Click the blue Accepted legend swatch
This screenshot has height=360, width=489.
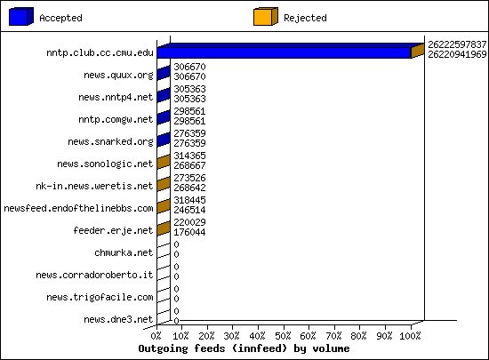[21, 17]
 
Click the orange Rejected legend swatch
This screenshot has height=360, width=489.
[266, 17]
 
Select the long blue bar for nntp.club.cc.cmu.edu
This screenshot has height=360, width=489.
[285, 52]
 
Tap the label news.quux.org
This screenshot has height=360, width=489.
[118, 76]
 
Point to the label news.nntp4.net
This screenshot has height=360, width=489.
[116, 97]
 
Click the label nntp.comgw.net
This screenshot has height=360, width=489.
[116, 119]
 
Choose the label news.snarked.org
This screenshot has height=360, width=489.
[110, 142]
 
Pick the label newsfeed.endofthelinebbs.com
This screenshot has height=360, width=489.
[78, 208]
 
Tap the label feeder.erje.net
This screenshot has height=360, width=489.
[113, 230]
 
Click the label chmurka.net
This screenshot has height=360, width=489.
[124, 252]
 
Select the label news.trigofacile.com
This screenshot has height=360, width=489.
[100, 297]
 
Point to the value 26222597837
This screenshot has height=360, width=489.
[457, 44]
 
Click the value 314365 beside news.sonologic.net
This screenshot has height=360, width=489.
[189, 156]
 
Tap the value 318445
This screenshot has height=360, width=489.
[189, 200]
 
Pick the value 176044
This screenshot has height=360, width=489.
[189, 232]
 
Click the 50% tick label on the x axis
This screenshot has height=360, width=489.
[283, 336]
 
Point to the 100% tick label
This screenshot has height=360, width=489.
[410, 336]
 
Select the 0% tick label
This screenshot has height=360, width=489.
[156, 336]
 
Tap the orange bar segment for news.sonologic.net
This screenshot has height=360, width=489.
[164, 162]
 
